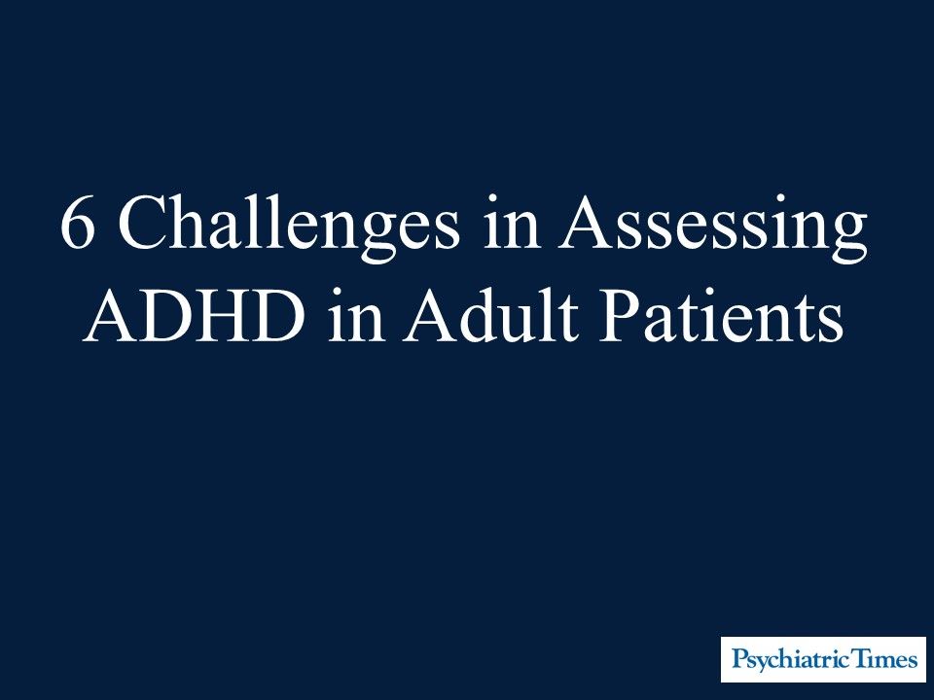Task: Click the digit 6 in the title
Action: click(78, 227)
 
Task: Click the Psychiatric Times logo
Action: click(823, 660)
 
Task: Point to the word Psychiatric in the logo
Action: click(785, 661)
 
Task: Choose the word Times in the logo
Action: click(880, 660)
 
